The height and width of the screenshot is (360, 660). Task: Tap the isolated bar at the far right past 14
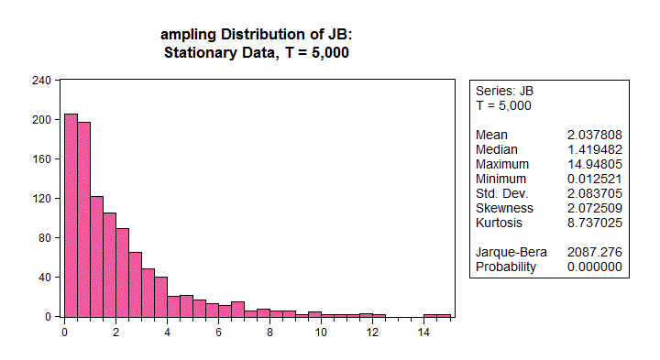436,315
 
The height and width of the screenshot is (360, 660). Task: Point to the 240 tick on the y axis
42,80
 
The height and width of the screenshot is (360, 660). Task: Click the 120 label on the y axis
42,198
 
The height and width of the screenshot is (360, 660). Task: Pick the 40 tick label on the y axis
45,277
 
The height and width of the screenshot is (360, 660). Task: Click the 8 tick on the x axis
269,333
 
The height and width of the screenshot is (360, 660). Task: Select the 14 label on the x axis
423,333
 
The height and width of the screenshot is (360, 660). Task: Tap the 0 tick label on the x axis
64,333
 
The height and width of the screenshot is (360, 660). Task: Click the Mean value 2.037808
596,135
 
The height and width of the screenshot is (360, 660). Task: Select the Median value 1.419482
596,149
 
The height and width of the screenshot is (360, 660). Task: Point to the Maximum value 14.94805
596,164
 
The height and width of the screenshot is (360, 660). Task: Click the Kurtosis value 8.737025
596,223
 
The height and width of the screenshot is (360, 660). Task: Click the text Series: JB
504,91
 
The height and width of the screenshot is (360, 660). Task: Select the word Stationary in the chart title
201,52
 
